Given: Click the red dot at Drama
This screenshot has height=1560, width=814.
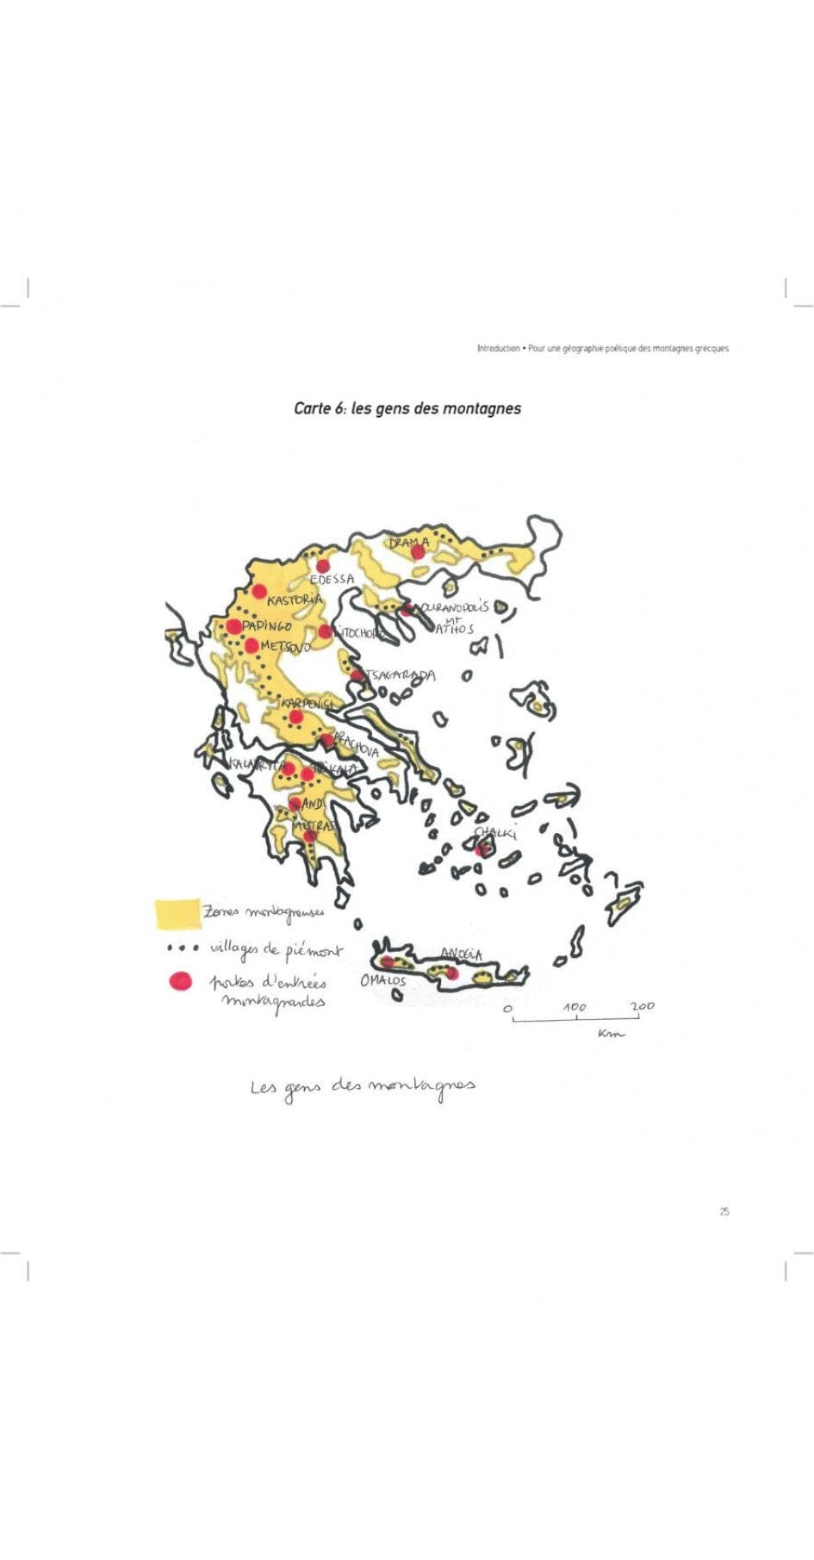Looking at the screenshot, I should click(419, 551).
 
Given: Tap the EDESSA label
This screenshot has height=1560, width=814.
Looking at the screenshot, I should click(332, 579).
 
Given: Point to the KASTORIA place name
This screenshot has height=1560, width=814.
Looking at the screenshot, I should click(295, 600).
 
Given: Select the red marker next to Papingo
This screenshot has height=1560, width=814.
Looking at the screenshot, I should click(233, 626).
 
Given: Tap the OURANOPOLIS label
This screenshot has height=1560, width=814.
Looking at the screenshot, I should click(454, 607).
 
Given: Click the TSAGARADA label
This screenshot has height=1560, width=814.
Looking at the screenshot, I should click(401, 675).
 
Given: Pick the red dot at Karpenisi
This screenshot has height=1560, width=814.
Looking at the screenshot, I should click(295, 717).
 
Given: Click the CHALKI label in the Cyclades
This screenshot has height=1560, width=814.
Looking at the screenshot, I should click(496, 833).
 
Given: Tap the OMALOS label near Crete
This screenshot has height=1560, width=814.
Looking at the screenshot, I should click(382, 981).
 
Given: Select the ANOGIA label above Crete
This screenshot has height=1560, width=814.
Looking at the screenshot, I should click(462, 954).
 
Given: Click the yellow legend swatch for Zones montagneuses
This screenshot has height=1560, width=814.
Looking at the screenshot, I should click(177, 913).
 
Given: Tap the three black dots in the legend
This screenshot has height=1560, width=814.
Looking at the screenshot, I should click(183, 948).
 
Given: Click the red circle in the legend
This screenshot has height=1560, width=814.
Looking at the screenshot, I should click(180, 981).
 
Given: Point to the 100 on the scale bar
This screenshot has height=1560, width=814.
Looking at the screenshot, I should click(575, 1006).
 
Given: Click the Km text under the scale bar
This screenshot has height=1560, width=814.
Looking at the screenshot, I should click(611, 1034).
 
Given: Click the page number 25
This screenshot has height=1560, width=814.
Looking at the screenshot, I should click(724, 1211).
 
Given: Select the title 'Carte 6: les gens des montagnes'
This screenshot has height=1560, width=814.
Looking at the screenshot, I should click(407, 408).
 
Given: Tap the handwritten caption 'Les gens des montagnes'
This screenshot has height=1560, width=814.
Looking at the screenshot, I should click(363, 1086).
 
